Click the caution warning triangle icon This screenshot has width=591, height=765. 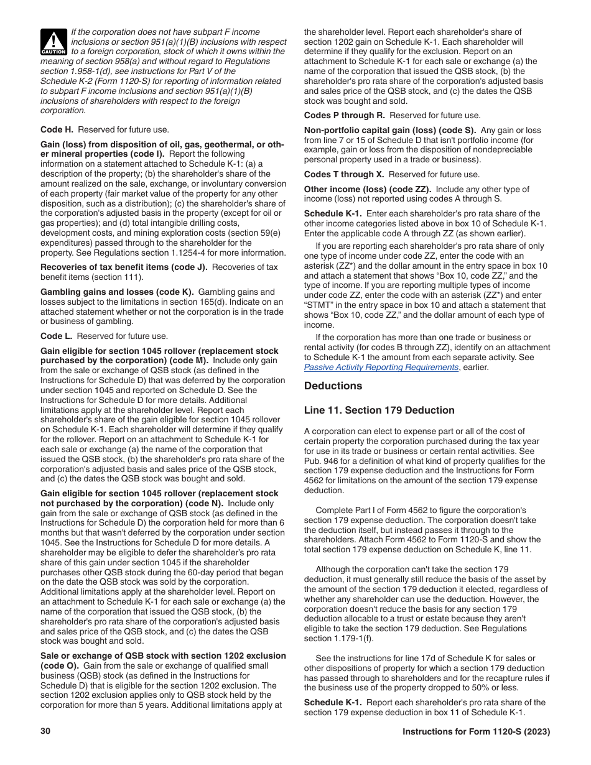(54, 42)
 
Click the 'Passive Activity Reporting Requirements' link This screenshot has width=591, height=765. (381, 367)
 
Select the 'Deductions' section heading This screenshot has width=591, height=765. (333, 386)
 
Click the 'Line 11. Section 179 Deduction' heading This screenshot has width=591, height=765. (379, 410)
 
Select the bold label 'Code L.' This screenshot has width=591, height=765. (57, 336)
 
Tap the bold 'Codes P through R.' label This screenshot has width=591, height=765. (345, 116)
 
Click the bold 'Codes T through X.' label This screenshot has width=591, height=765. (344, 175)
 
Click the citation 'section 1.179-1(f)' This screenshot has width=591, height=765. (335, 639)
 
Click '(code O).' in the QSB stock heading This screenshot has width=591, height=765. (60, 665)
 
